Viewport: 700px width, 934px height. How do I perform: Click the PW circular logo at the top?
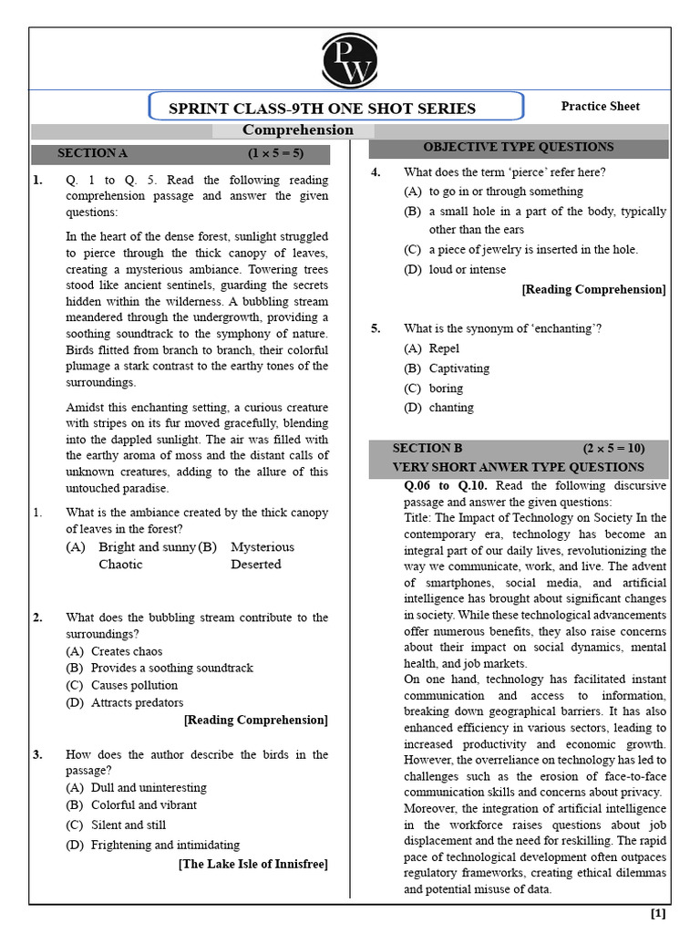[x=349, y=59]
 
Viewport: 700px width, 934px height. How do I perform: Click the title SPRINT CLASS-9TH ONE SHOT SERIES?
[x=323, y=109]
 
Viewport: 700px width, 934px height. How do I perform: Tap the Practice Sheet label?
[x=600, y=106]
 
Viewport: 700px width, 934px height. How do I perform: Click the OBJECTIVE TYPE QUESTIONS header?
[x=519, y=147]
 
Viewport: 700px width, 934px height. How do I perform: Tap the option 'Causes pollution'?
[x=134, y=685]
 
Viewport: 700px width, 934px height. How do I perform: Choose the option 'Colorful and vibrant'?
[x=144, y=804]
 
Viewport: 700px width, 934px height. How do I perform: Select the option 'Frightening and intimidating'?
[x=165, y=845]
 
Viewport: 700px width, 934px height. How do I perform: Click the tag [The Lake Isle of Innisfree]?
[x=252, y=864]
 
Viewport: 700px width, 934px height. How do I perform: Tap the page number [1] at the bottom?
[x=658, y=913]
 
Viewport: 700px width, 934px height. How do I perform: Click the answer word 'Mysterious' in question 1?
[x=262, y=547]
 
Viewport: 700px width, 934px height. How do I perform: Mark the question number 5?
[x=376, y=328]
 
